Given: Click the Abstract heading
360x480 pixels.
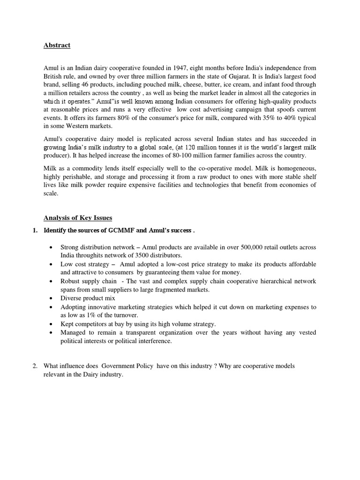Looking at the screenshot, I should click(57, 45).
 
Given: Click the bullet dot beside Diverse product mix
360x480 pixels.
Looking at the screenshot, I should click(50, 298).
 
